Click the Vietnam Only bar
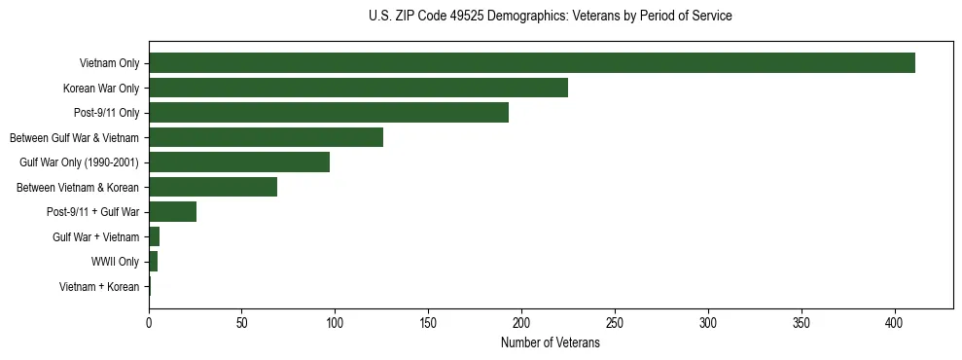[x=532, y=63]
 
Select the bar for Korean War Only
[x=358, y=89]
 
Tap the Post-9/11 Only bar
[x=329, y=113]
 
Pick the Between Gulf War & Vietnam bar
[x=266, y=137]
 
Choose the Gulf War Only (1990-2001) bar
[x=239, y=162]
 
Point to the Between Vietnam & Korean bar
[x=213, y=187]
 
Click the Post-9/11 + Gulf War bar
[x=172, y=212]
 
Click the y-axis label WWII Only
[x=115, y=262]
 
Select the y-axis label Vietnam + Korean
[x=99, y=287]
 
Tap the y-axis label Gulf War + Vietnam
[x=95, y=237]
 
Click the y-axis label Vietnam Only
[x=109, y=64]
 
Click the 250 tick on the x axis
[x=615, y=322]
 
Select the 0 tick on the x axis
[x=149, y=322]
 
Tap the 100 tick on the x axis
[x=336, y=322]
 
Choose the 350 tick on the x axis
[x=802, y=322]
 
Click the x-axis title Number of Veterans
[x=550, y=343]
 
